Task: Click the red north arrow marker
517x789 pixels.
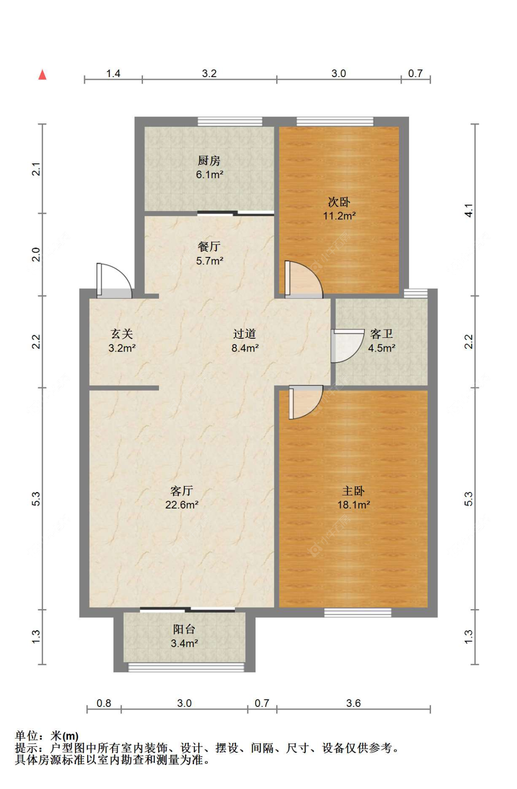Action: pyautogui.click(x=42, y=74)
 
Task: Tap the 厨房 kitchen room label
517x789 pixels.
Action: pyautogui.click(x=209, y=161)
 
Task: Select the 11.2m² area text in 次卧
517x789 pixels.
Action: pyautogui.click(x=339, y=216)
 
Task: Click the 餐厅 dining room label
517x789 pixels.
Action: pyautogui.click(x=209, y=246)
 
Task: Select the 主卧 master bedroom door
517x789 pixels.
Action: pyautogui.click(x=305, y=402)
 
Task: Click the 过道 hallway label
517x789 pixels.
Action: pyautogui.click(x=244, y=334)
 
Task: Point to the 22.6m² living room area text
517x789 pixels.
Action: pyautogui.click(x=182, y=505)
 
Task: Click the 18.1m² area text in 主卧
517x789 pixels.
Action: pyautogui.click(x=353, y=505)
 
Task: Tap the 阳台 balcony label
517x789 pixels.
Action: pyautogui.click(x=184, y=629)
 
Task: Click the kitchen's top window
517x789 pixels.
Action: pyautogui.click(x=230, y=122)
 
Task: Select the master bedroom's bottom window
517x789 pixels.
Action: pyautogui.click(x=358, y=612)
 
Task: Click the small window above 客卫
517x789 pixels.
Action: pyautogui.click(x=415, y=293)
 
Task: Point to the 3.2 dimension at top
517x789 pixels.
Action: pyautogui.click(x=209, y=73)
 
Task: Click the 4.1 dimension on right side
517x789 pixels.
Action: pyautogui.click(x=469, y=210)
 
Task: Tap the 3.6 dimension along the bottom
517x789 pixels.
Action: pyautogui.click(x=353, y=703)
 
